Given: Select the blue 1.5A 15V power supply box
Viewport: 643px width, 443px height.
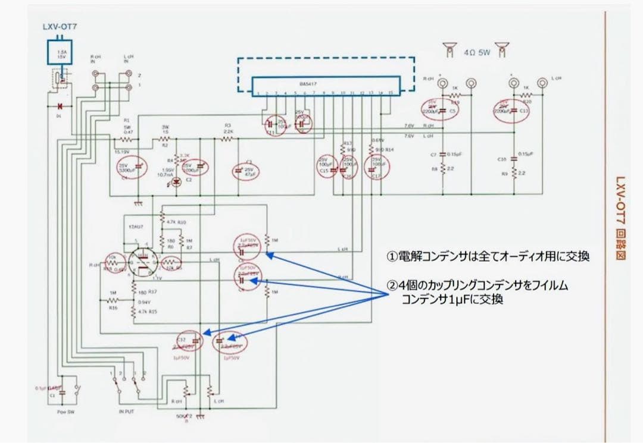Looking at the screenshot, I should (x=60, y=52).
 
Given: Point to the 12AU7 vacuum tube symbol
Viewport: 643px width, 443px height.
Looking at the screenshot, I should (x=142, y=262).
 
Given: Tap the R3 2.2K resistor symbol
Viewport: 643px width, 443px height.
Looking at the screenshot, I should (x=227, y=139).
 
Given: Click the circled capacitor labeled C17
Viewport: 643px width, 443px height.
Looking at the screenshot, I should (x=376, y=168).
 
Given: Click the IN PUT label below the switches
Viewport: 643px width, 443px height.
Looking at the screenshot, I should (x=127, y=411).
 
